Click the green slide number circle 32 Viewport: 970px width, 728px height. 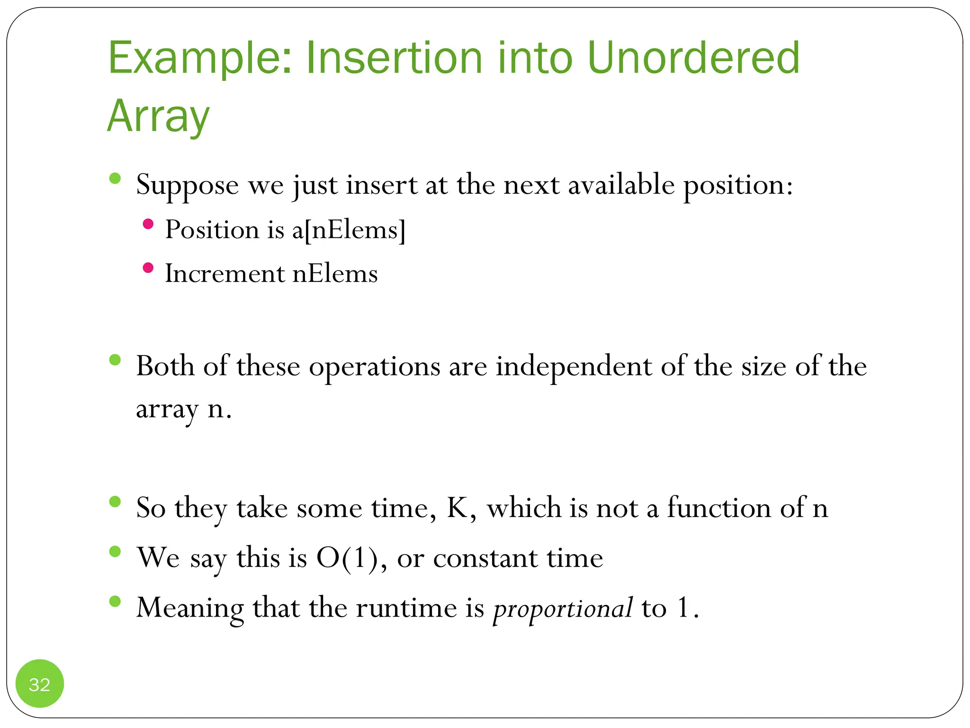(40, 684)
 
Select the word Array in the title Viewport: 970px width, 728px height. (158, 117)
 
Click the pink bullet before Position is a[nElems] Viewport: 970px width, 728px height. (148, 224)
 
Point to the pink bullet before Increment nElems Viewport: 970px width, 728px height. (148, 268)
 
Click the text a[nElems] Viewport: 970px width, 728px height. (349, 230)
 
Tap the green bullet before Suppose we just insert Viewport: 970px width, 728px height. (115, 179)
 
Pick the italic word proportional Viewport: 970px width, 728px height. (563, 609)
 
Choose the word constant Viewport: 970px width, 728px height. (485, 558)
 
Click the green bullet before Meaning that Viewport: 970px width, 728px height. (115, 601)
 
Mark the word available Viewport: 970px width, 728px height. (621, 184)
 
